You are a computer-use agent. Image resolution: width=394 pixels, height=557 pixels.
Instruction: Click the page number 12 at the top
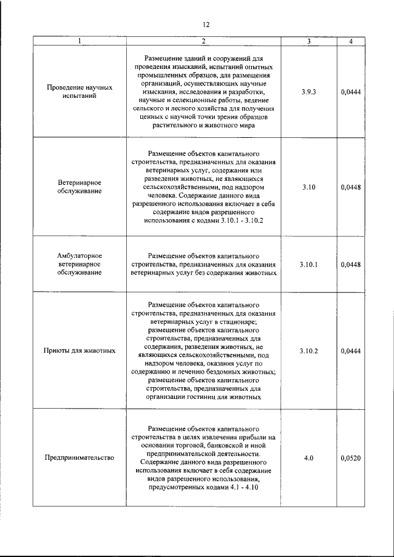pyautogui.click(x=206, y=24)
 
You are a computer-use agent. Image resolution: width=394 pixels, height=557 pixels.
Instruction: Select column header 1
pyautogui.click(x=79, y=41)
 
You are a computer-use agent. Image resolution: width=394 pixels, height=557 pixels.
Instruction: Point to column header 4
pyautogui.click(x=350, y=41)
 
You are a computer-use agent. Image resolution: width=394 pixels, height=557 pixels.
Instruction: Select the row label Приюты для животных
pyautogui.click(x=79, y=351)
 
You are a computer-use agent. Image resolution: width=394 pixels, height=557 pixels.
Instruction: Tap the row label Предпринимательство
pyautogui.click(x=79, y=458)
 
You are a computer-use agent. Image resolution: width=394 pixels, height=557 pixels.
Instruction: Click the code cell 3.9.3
pyautogui.click(x=308, y=92)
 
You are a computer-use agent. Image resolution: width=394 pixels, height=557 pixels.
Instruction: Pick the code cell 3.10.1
pyautogui.click(x=308, y=264)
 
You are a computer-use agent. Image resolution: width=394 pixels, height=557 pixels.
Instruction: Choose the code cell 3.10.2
pyautogui.click(x=308, y=351)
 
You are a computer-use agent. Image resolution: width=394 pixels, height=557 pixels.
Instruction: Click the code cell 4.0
pyautogui.click(x=308, y=458)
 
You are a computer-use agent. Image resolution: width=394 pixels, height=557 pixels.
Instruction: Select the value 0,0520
pyautogui.click(x=350, y=458)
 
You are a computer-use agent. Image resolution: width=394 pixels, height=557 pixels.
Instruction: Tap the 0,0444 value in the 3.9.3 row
pyautogui.click(x=350, y=92)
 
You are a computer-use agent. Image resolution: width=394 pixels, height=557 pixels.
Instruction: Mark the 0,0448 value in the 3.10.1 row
pyautogui.click(x=350, y=264)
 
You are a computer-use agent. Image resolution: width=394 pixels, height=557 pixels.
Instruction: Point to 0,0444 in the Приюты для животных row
pyautogui.click(x=350, y=351)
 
